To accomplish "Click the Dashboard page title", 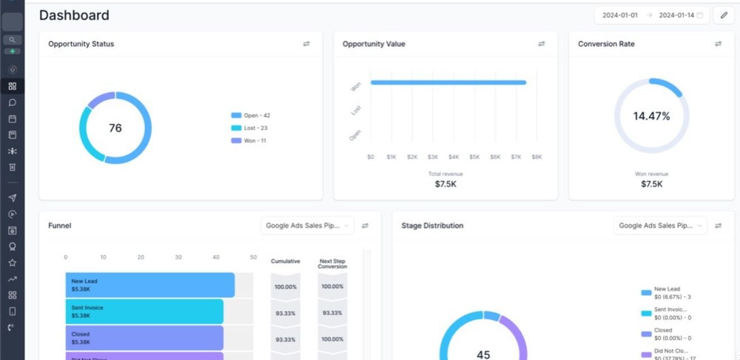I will click(74, 15).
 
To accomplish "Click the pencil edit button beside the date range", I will click(723, 15).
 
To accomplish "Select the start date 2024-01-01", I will click(619, 15).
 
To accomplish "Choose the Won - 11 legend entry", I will click(249, 141).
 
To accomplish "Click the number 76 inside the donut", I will click(115, 128).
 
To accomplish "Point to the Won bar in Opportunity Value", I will click(448, 82).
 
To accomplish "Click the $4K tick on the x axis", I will click(454, 157).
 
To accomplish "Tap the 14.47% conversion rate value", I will click(651, 116).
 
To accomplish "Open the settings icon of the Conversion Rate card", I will click(718, 44).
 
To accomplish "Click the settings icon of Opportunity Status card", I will click(306, 44).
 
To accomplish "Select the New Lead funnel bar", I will click(150, 285).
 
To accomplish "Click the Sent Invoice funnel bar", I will click(144, 311).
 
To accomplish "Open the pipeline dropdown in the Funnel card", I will click(307, 225).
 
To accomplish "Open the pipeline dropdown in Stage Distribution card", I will click(660, 225).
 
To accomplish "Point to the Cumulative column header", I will click(285, 261).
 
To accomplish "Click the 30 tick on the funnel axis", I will click(178, 257).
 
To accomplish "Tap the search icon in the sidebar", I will click(12, 40).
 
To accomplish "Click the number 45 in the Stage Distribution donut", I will click(483, 354).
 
